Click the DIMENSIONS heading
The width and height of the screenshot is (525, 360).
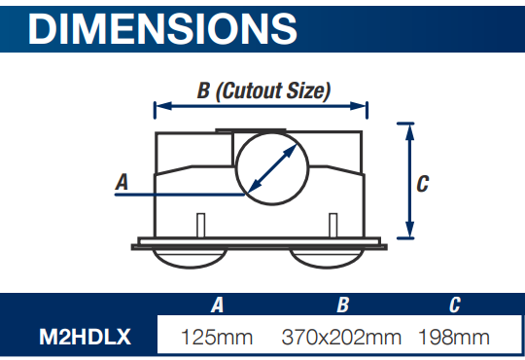[x=162, y=29]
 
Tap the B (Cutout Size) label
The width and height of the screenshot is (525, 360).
[x=263, y=90]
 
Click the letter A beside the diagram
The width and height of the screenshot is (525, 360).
[x=122, y=182]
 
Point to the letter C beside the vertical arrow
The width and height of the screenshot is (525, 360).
[x=423, y=184]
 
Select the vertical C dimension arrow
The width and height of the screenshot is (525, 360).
[x=409, y=181]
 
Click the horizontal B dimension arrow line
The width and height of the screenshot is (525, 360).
[x=261, y=106]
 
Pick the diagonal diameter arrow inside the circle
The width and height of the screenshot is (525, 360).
[x=272, y=168]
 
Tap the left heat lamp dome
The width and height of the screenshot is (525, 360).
[x=190, y=258]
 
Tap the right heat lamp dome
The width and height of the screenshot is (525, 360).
[x=327, y=258]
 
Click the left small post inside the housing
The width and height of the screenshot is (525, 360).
[x=201, y=225]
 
